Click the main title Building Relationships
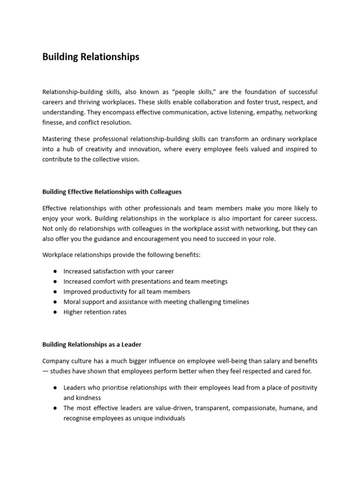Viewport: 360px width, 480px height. pyautogui.click(x=90, y=57)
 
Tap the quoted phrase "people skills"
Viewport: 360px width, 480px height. pyautogui.click(x=202, y=92)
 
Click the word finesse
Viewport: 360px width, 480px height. pyautogui.click(x=53, y=123)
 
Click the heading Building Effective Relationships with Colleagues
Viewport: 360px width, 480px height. pyautogui.click(x=112, y=192)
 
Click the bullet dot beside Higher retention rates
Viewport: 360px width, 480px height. pyautogui.click(x=55, y=312)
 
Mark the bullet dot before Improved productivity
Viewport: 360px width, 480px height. pyautogui.click(x=55, y=292)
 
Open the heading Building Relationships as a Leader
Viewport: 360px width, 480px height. pyautogui.click(x=91, y=345)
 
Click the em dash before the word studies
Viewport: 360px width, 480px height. pyautogui.click(x=45, y=371)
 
